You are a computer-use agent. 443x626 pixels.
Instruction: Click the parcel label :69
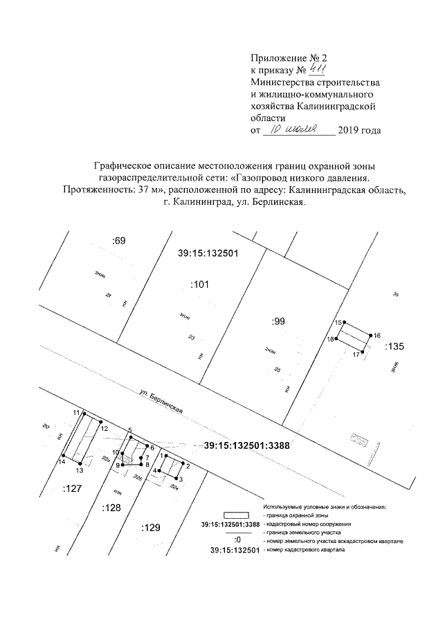(x=118, y=241)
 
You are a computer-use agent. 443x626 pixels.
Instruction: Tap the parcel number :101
(x=199, y=284)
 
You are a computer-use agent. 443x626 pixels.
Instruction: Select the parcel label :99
(x=278, y=321)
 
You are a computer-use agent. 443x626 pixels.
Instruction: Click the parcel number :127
(x=73, y=488)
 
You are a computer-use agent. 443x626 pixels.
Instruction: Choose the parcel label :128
(x=111, y=508)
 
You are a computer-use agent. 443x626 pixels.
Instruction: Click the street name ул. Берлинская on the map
(x=161, y=403)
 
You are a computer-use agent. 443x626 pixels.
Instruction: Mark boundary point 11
(x=85, y=414)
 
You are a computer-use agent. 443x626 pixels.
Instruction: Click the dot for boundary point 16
(x=371, y=335)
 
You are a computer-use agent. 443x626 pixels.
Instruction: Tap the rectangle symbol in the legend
(x=236, y=515)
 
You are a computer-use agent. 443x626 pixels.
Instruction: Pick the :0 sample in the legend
(x=237, y=541)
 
